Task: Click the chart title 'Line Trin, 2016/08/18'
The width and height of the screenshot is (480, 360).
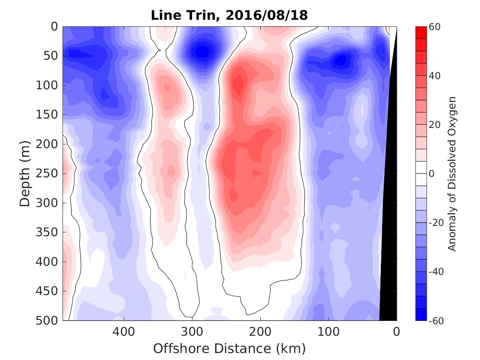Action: tap(229, 15)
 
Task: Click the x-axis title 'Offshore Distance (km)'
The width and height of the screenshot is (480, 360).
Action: tap(229, 349)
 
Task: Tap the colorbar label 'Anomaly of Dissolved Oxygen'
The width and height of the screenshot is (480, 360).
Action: tap(452, 173)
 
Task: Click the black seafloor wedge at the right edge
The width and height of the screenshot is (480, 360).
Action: tap(389, 247)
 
